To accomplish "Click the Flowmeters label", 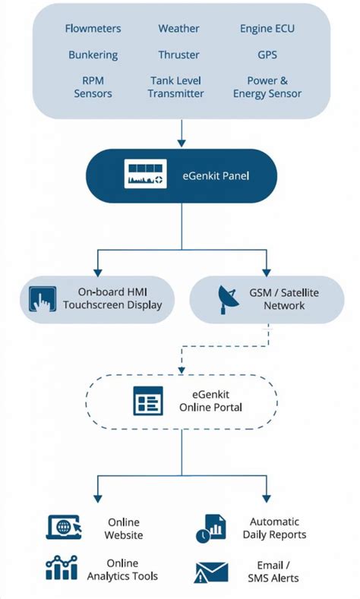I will point(93,29).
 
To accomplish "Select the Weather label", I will point(178,29).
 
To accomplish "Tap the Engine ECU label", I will point(267,29).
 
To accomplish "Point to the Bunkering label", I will point(93,55).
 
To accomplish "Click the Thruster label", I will point(178,55).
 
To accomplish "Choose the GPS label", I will point(267,55).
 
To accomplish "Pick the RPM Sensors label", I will point(93,87).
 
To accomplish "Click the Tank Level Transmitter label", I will point(176,87).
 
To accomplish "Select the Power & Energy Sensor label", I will point(267,87).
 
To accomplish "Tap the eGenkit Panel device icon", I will point(145,176).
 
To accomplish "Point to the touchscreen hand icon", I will point(43,298).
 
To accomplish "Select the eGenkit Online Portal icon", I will point(148,400).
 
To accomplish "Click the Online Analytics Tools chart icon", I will point(62,569).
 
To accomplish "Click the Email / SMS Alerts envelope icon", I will point(211,571).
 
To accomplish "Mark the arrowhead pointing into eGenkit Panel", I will point(181,142).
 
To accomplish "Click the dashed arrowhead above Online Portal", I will point(181,368).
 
